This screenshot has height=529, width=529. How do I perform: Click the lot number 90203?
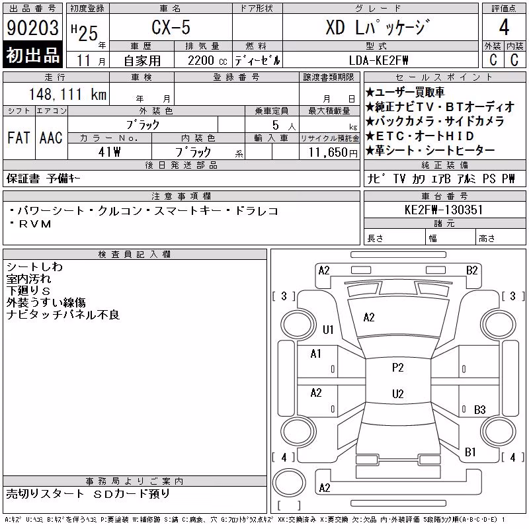32,28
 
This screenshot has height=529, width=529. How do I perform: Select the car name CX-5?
171,27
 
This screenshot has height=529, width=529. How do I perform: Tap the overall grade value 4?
504,27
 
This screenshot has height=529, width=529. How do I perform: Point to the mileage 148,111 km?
68,94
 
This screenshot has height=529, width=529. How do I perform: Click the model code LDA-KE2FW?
378,60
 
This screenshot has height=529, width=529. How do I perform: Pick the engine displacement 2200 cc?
208,61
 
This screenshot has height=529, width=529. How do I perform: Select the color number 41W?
109,152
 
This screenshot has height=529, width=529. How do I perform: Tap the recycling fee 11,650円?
333,153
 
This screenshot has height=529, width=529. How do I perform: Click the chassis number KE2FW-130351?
444,210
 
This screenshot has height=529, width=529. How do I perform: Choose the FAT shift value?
19,138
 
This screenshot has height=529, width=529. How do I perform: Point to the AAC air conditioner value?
52,138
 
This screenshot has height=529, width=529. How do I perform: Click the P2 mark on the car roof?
398,368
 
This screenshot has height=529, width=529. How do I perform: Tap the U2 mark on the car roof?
398,393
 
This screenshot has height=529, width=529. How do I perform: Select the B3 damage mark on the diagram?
480,409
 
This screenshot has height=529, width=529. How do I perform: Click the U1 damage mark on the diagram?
328,329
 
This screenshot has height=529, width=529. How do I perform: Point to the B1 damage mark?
470,452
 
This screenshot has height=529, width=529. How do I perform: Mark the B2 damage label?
472,270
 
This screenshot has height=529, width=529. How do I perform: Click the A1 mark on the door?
316,354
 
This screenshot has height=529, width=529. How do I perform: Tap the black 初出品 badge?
32,55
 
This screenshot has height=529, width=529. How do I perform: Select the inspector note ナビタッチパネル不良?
63,315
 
